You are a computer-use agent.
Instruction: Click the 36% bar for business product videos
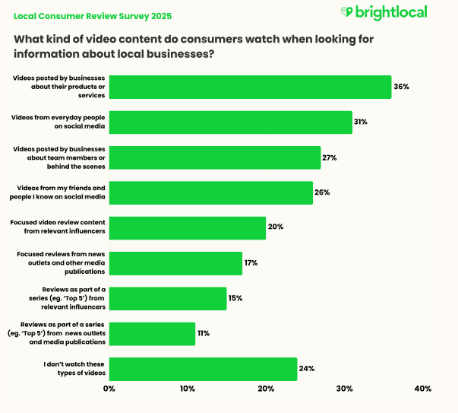(250, 87)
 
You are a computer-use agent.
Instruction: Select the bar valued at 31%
(231, 122)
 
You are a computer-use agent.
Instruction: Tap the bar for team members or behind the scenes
(215, 157)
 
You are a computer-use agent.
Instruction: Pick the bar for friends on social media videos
(211, 192)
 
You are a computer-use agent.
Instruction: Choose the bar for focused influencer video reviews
(188, 227)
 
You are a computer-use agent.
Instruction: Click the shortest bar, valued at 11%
(152, 333)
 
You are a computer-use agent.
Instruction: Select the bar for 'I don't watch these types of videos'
(203, 369)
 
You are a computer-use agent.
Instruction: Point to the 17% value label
(251, 263)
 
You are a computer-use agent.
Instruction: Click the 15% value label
(235, 298)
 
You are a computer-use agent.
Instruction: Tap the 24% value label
(306, 369)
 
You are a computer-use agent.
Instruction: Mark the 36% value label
(401, 87)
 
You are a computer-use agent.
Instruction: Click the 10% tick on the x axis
(188, 389)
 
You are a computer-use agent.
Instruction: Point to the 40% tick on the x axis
(422, 389)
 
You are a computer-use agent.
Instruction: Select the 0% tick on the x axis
(109, 389)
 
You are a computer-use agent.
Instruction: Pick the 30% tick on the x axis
(344, 389)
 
